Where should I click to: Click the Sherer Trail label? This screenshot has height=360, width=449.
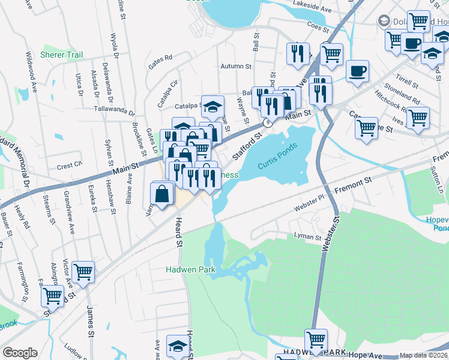click(61, 55)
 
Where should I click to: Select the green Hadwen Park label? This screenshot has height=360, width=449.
click(190, 270)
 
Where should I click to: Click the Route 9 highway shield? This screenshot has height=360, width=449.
click(267, 122)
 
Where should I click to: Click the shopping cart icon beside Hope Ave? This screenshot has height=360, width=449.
click(316, 338)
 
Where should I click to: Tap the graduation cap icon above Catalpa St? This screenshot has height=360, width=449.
click(212, 106)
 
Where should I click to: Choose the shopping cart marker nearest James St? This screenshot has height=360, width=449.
click(83, 271)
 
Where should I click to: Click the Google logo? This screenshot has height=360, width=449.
click(20, 353)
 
